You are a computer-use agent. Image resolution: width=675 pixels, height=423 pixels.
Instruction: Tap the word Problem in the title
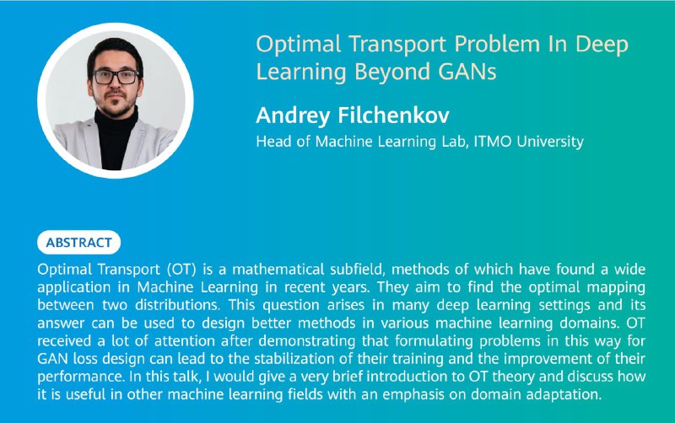[x=497, y=45]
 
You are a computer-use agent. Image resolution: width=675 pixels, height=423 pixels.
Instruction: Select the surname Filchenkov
[x=393, y=115]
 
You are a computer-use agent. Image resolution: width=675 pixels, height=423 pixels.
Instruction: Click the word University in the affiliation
[x=550, y=142]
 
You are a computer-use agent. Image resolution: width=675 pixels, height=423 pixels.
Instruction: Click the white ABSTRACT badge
[x=78, y=243]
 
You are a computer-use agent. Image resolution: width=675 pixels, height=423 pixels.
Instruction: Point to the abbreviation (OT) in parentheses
[x=181, y=270]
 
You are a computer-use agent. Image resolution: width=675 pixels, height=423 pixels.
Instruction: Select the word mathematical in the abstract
[x=278, y=270]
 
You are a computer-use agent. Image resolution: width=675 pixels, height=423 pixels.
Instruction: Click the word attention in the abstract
[x=185, y=341]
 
